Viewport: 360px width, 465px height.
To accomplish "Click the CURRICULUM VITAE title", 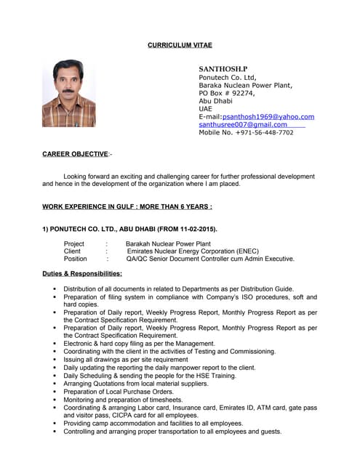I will (x=180, y=45).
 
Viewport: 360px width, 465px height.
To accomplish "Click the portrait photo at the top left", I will (x=68, y=93).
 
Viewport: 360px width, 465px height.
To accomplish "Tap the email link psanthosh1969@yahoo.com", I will (x=268, y=116).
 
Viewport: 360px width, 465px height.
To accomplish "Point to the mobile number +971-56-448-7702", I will (x=246, y=133).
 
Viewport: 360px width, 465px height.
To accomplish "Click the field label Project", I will (x=74, y=244).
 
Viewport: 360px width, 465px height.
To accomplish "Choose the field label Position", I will (x=76, y=259).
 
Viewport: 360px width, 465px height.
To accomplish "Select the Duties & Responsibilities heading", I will (x=82, y=274).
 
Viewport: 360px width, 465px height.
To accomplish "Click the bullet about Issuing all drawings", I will (x=126, y=360).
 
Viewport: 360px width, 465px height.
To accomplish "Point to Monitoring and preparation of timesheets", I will (x=123, y=400).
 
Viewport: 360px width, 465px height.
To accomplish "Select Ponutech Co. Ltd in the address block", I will (x=228, y=77).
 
